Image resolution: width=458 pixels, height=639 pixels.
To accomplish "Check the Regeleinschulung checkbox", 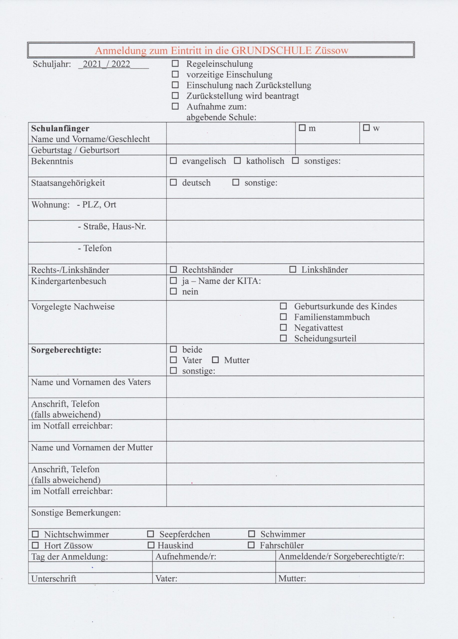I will [x=175, y=63].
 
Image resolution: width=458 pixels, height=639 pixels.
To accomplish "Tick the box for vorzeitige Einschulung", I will [x=175, y=74].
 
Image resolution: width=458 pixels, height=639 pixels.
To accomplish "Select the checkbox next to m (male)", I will [x=302, y=128].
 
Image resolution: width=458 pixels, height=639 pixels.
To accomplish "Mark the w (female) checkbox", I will [x=366, y=128].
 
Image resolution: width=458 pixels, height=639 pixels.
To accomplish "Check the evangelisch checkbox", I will [x=173, y=160].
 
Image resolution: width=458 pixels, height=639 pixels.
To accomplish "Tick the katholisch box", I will [x=237, y=160].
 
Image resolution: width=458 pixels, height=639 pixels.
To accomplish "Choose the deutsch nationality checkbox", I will [x=173, y=182].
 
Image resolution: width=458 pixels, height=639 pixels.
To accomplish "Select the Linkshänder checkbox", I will [x=293, y=269].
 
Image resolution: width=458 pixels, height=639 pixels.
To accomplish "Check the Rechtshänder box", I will [x=173, y=269].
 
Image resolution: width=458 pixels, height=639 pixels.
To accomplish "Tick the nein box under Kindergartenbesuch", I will [x=173, y=291].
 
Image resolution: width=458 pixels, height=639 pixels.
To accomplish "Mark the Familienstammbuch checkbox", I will [x=283, y=317].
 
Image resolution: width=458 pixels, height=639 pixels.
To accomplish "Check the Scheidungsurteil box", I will [x=283, y=338].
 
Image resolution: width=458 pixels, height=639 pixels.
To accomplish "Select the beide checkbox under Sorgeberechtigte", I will [x=173, y=349].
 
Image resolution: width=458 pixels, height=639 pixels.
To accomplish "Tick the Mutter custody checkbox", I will [x=215, y=360].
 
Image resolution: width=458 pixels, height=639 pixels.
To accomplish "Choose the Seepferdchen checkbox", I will [x=151, y=534].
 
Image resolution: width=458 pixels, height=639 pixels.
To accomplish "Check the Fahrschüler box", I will [x=251, y=545].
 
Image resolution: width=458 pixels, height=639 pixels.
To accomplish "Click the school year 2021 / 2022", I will [x=107, y=64].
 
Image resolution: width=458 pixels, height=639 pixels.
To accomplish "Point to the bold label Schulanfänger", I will [x=60, y=128].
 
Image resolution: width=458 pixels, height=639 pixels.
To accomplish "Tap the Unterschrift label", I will [x=53, y=578].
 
